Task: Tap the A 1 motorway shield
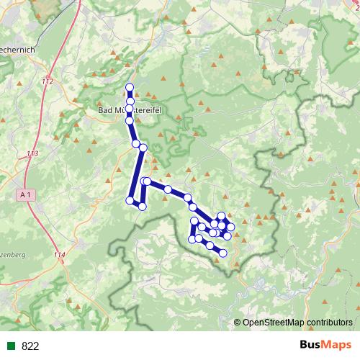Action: tap(25, 194)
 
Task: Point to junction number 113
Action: tap(32, 154)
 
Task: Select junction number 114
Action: tap(59, 255)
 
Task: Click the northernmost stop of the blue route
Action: tap(130, 88)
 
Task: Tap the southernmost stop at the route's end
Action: tap(223, 253)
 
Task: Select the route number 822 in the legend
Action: tap(30, 346)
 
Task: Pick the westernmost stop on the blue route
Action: tap(130, 200)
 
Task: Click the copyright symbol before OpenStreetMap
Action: tap(238, 323)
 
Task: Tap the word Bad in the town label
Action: tap(105, 111)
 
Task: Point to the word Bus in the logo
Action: tap(311, 346)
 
